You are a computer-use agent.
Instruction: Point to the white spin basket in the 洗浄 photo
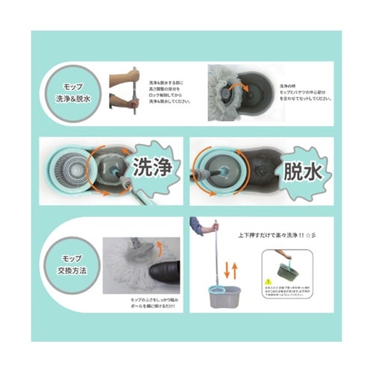point(68,169)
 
